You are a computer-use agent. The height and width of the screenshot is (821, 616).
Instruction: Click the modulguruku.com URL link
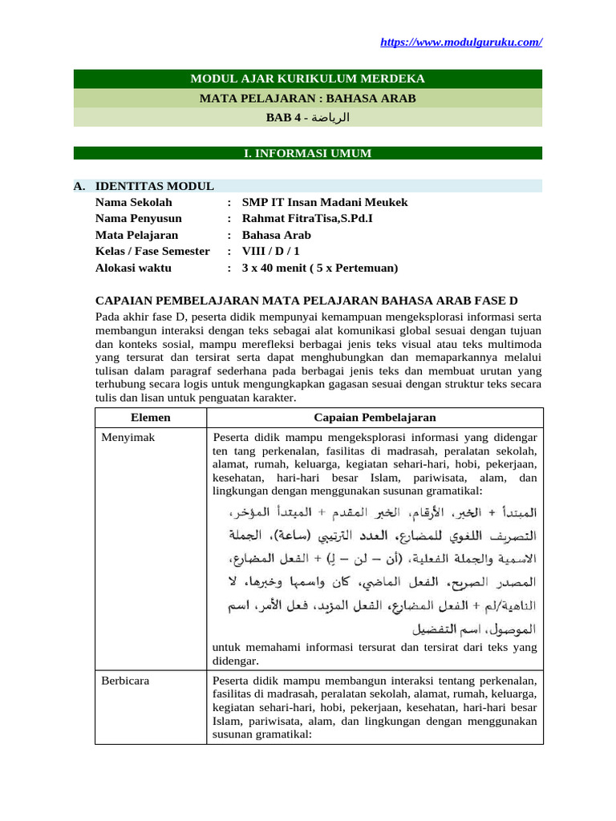(x=460, y=42)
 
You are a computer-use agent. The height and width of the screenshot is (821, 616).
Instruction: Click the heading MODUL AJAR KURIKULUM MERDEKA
(x=307, y=79)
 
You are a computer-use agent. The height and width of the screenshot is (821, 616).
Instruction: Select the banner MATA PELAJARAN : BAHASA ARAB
(x=307, y=99)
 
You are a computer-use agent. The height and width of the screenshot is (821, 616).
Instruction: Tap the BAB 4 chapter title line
(x=307, y=118)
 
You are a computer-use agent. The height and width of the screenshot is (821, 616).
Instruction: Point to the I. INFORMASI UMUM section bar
(x=307, y=153)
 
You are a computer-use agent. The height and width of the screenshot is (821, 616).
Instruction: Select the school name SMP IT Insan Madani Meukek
(x=324, y=202)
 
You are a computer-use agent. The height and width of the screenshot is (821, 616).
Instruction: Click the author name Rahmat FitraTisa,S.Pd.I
(x=307, y=218)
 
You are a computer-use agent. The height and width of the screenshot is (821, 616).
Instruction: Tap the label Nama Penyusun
(x=139, y=218)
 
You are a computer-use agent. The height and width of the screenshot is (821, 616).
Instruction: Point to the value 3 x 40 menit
(x=319, y=268)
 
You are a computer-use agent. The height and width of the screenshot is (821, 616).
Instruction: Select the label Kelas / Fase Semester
(x=152, y=252)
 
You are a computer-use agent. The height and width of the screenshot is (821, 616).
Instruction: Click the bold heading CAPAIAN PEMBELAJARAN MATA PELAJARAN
(x=306, y=301)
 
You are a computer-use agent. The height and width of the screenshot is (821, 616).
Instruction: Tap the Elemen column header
(x=151, y=418)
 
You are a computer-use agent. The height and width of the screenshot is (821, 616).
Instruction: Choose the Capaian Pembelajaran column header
(x=375, y=418)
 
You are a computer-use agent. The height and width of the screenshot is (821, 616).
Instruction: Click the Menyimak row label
(x=128, y=438)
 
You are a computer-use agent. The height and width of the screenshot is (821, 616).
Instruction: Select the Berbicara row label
(x=125, y=681)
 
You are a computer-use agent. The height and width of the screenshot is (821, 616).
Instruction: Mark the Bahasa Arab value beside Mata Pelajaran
(x=276, y=235)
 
